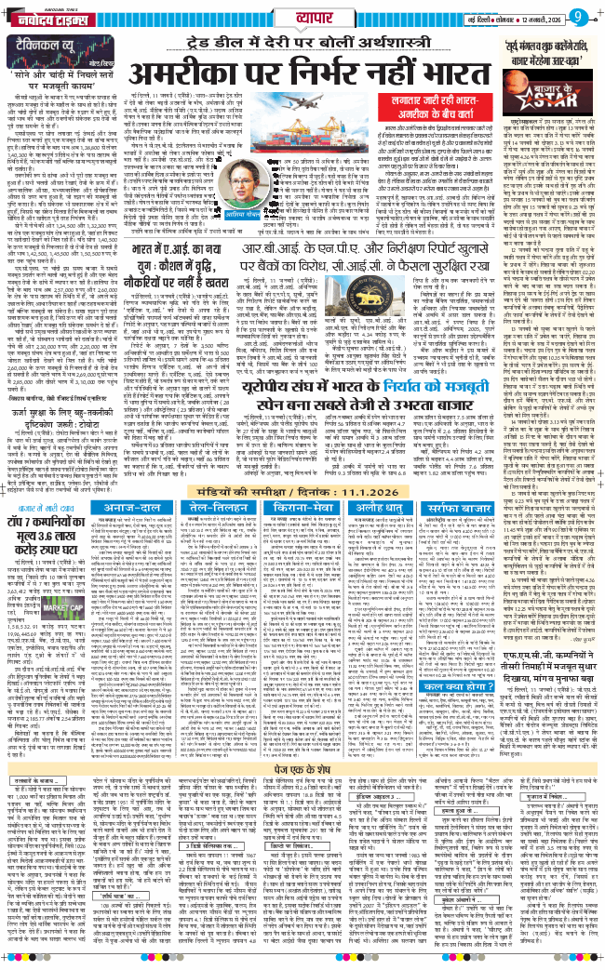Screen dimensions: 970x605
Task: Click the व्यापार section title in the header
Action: tap(302, 16)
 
